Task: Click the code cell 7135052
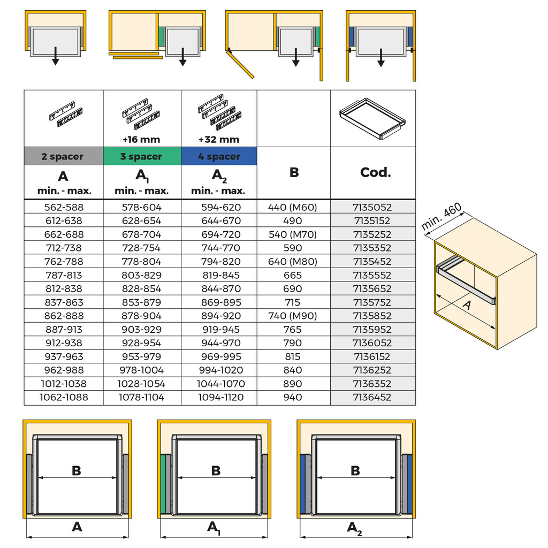pyautogui.click(x=372, y=207)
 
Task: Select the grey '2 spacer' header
pyautogui.click(x=63, y=156)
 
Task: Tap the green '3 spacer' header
pyautogui.click(x=141, y=156)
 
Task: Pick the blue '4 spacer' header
pyautogui.click(x=218, y=156)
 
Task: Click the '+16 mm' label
pyautogui.click(x=141, y=140)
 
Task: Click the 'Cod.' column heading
pyautogui.click(x=375, y=173)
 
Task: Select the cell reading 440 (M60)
pyautogui.click(x=293, y=207)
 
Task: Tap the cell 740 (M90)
pyautogui.click(x=293, y=316)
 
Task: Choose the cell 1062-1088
pyautogui.click(x=64, y=397)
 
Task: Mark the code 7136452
pyautogui.click(x=372, y=397)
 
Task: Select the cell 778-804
pyautogui.click(x=141, y=262)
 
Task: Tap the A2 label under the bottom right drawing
pyautogui.click(x=354, y=528)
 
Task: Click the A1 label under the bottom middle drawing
pyautogui.click(x=214, y=528)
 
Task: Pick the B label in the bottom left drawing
pyautogui.click(x=77, y=470)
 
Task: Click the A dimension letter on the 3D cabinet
pyautogui.click(x=467, y=305)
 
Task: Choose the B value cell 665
pyautogui.click(x=293, y=275)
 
